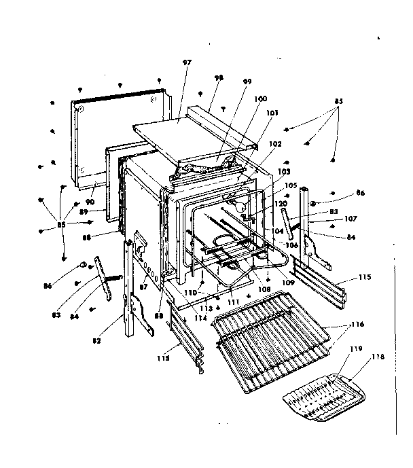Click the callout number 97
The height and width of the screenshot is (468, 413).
187,63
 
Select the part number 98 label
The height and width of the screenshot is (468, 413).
219,79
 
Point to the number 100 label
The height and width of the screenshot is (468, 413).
260,99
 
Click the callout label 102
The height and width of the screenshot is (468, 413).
274,145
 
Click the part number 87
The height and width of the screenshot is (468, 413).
143,289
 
